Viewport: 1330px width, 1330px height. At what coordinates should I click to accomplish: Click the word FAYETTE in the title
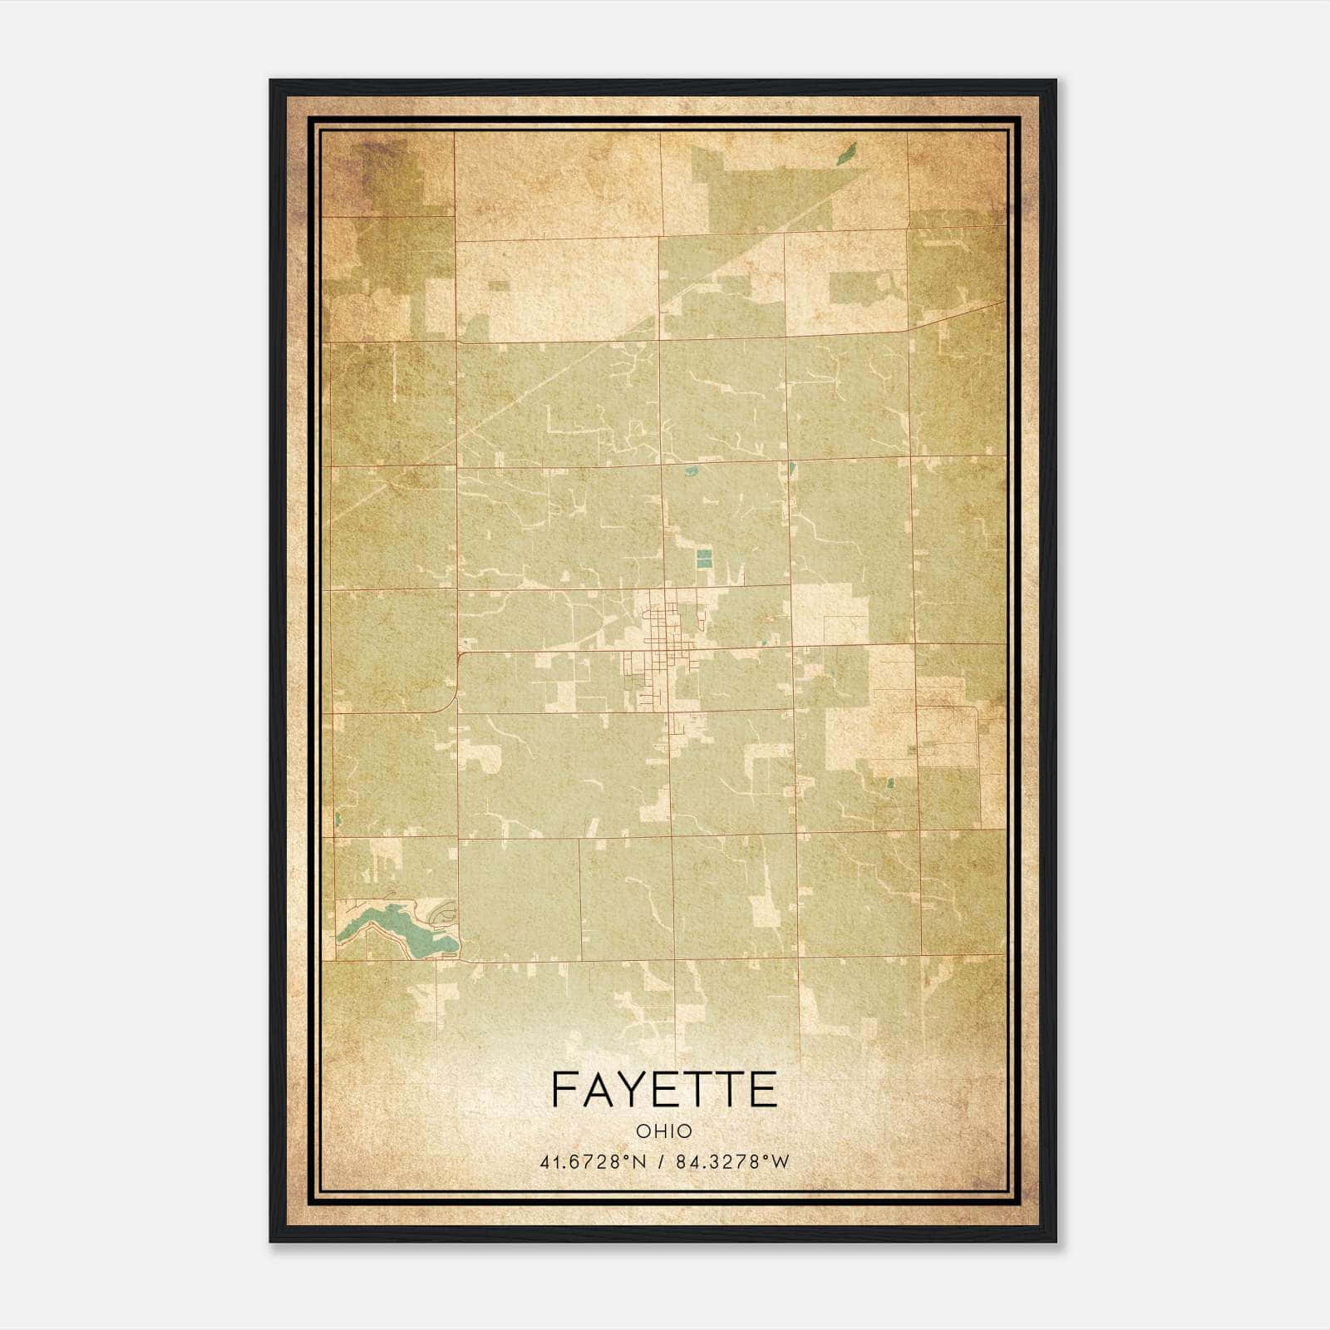tap(664, 1090)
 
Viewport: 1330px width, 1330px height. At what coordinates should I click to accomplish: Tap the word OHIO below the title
tap(664, 1131)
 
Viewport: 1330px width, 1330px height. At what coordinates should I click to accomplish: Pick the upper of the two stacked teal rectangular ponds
tap(704, 554)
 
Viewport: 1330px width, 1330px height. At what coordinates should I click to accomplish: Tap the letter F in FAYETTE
tap(564, 1090)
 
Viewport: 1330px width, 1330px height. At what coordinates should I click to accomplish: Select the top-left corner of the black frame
tap(272, 81)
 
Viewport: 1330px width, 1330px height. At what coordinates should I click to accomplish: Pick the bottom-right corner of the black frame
tap(1054, 1240)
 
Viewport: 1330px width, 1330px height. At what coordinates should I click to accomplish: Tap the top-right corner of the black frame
tap(1054, 81)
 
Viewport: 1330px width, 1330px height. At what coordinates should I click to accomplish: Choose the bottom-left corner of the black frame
tap(272, 1240)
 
